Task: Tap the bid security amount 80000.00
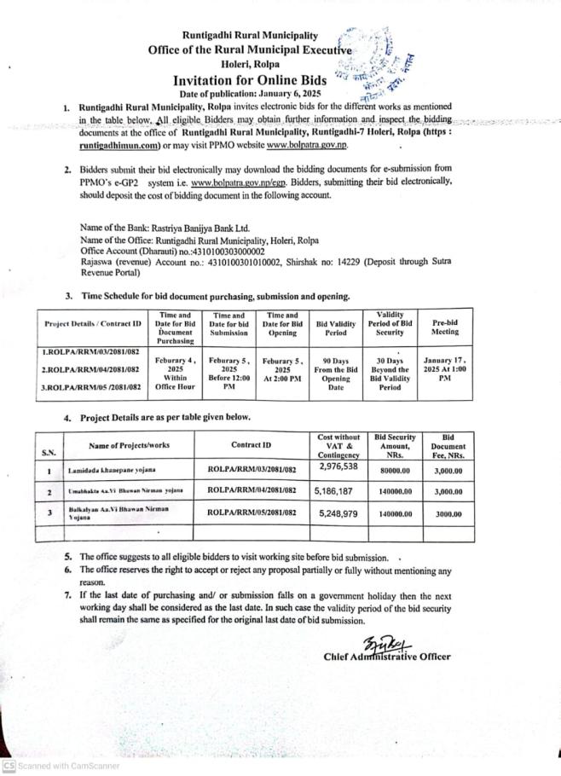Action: pyautogui.click(x=395, y=469)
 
